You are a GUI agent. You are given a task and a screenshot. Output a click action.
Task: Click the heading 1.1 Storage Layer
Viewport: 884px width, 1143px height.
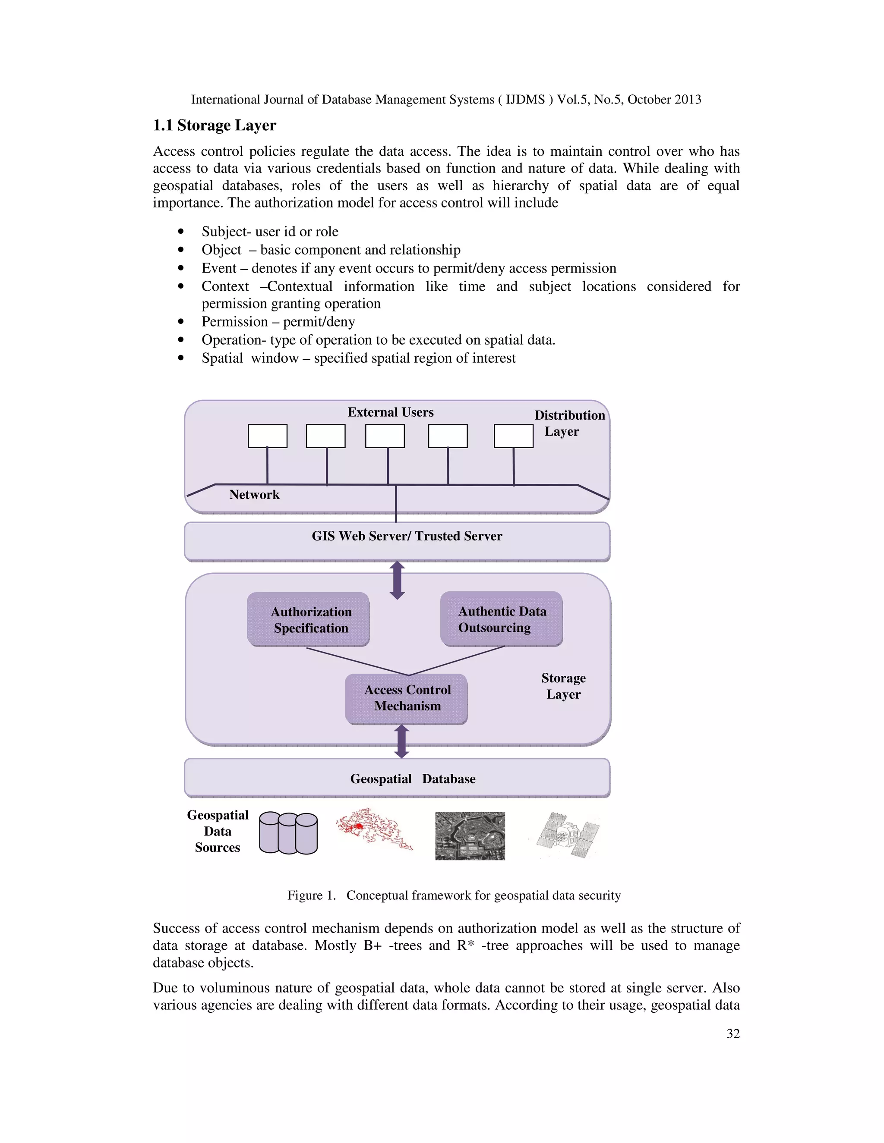click(x=214, y=126)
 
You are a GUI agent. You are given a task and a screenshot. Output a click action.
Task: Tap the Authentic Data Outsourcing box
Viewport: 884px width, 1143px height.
click(x=501, y=619)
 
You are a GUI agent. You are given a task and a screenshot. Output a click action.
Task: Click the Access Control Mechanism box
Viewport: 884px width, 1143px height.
click(x=406, y=698)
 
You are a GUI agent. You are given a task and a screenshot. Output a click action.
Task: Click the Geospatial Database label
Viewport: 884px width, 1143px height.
click(x=413, y=779)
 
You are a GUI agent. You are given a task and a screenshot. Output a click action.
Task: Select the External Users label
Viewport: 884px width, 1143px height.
click(x=391, y=412)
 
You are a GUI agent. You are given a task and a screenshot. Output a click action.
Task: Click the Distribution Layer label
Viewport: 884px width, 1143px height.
click(x=569, y=423)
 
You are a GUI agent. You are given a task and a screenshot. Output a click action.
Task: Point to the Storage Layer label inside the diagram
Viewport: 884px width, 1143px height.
click(x=563, y=686)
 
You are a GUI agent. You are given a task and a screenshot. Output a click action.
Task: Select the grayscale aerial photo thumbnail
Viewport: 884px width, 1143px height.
click(x=470, y=836)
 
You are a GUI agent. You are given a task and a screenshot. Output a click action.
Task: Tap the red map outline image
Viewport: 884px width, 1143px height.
click(x=373, y=829)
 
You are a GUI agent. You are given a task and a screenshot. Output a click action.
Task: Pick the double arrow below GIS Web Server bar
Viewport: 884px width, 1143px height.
click(x=398, y=580)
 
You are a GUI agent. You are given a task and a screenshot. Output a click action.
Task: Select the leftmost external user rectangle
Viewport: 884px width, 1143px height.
click(x=268, y=436)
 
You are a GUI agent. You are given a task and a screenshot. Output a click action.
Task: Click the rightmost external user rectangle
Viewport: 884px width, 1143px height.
click(x=513, y=436)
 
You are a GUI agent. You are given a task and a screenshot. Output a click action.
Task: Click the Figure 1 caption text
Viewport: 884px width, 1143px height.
click(x=454, y=895)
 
